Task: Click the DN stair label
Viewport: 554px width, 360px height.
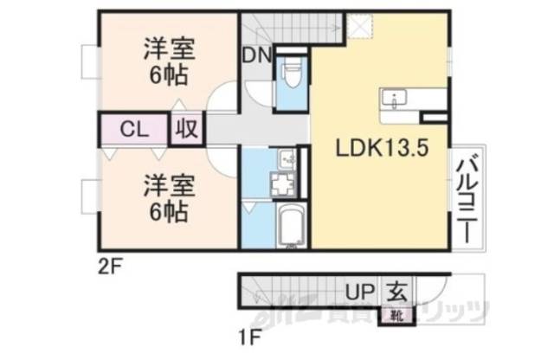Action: (256, 55)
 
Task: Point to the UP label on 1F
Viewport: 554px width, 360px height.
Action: (361, 292)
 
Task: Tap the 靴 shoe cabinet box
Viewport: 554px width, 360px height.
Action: (396, 315)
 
